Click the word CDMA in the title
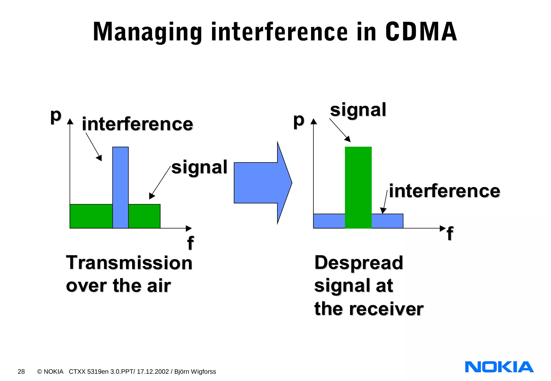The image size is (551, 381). tap(421, 32)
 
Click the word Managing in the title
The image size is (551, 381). tap(147, 32)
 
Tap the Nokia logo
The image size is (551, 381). tap(499, 367)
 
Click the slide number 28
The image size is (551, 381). tap(21, 372)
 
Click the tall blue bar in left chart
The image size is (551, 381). tap(120, 187)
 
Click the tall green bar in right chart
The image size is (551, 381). tap(358, 187)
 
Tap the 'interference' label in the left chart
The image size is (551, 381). tap(137, 124)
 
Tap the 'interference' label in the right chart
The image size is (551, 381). tap(444, 191)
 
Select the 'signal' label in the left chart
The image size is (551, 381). tap(199, 167)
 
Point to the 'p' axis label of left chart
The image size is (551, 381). tap(56, 116)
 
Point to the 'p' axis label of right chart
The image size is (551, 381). tap(299, 120)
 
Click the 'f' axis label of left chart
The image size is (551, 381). tap(190, 243)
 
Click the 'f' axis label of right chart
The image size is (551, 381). tap(450, 233)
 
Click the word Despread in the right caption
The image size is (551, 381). tap(359, 263)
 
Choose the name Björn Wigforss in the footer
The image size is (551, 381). tap(195, 372)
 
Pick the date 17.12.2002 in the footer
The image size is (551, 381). tap(153, 372)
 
